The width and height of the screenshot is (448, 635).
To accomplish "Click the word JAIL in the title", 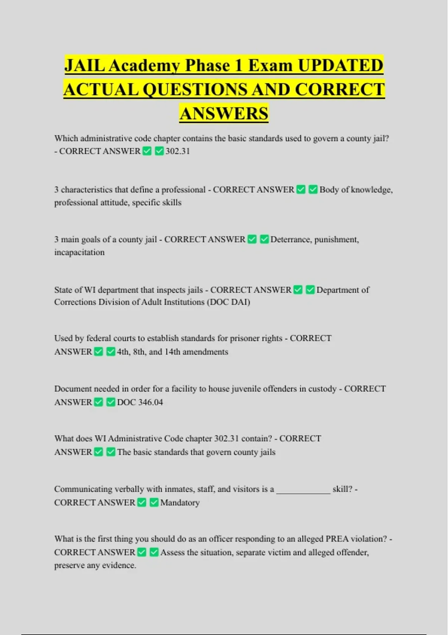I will pyautogui.click(x=85, y=65).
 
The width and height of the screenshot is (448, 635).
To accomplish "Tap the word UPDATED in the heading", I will pyautogui.click(x=340, y=65).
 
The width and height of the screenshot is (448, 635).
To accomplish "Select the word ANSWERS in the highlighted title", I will pyautogui.click(x=224, y=114).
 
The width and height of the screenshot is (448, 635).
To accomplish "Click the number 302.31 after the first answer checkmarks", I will pyautogui.click(x=178, y=151).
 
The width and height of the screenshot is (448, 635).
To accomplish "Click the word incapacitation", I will pyautogui.click(x=79, y=253).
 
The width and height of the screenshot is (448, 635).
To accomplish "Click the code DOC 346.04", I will pyautogui.click(x=140, y=402).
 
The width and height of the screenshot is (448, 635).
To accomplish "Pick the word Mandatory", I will pyautogui.click(x=180, y=503).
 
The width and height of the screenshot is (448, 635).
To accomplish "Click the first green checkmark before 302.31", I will pyautogui.click(x=147, y=151).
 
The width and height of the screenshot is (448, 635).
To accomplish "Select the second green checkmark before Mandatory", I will pyautogui.click(x=154, y=502).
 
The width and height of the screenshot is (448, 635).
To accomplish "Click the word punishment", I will pyautogui.click(x=336, y=239).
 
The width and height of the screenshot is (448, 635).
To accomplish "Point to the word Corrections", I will pyautogui.click(x=75, y=302).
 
